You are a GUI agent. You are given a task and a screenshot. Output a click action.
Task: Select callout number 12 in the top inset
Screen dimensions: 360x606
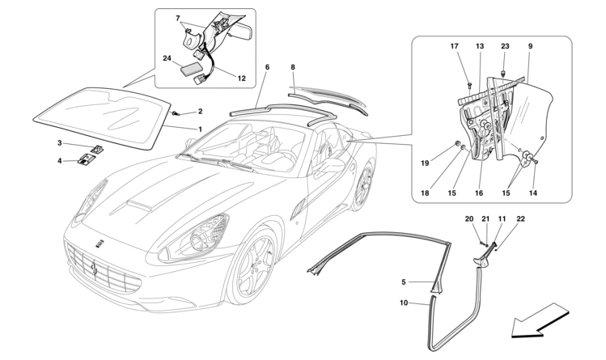coord(241,78)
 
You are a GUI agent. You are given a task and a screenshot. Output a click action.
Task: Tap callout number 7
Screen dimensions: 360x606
coord(179,17)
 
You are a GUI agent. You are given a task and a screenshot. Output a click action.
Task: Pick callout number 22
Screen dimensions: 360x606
coord(520,218)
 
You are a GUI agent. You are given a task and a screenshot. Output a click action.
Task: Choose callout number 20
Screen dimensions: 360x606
coord(469,218)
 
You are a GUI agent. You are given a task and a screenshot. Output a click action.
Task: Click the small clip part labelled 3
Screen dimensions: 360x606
coord(98,149)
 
